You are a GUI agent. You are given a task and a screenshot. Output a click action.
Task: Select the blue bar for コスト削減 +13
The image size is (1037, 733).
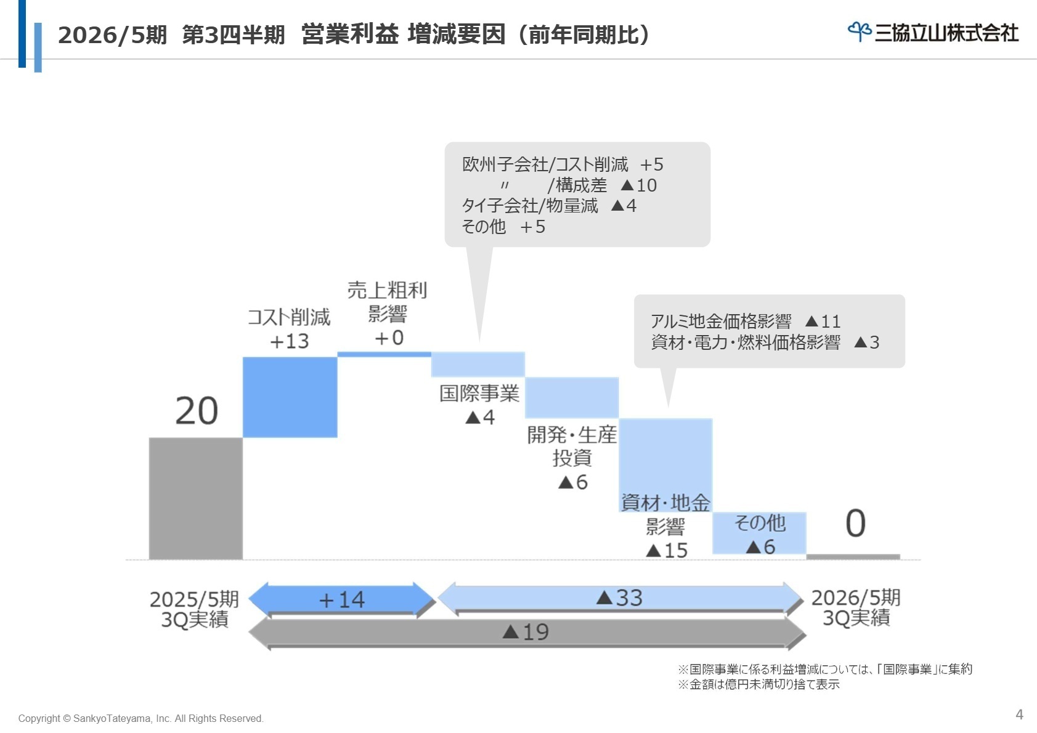[x=290, y=397]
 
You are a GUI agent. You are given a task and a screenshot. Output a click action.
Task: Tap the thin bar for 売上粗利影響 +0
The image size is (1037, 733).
[x=384, y=354]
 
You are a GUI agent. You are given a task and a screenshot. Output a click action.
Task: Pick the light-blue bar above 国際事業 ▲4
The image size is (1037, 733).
[x=478, y=364]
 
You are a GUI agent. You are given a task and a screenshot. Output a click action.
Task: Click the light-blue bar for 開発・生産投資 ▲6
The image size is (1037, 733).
[x=572, y=398]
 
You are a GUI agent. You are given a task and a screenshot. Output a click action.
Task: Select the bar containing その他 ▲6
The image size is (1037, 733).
[x=759, y=533]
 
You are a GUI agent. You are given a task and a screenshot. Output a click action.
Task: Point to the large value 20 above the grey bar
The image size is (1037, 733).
[x=197, y=411]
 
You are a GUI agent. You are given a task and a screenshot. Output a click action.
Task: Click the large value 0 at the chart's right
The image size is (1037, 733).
[x=855, y=524]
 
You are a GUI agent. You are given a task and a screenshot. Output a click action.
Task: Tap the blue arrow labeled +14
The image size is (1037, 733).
[x=342, y=599]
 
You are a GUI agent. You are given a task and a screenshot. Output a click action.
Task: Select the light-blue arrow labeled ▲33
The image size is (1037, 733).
[x=620, y=598]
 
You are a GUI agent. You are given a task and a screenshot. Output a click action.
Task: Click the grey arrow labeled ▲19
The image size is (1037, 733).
[x=526, y=632]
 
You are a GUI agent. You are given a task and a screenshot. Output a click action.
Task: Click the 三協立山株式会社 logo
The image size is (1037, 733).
[x=933, y=32]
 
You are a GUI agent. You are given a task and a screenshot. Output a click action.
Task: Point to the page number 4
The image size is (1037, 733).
[x=1019, y=715]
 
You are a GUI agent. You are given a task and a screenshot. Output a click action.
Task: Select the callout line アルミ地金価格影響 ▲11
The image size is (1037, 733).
[x=746, y=322]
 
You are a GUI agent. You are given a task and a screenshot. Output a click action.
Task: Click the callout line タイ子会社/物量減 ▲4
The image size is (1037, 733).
[x=549, y=206]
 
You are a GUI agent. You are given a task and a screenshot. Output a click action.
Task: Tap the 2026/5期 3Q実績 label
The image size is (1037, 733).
[x=855, y=607]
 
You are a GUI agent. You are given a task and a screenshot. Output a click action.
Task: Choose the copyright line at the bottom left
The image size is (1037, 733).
[x=140, y=718]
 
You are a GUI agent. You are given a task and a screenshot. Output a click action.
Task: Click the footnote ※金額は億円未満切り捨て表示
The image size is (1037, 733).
[x=758, y=684]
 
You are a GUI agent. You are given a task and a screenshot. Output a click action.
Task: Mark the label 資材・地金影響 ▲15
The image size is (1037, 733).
[x=665, y=527]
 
